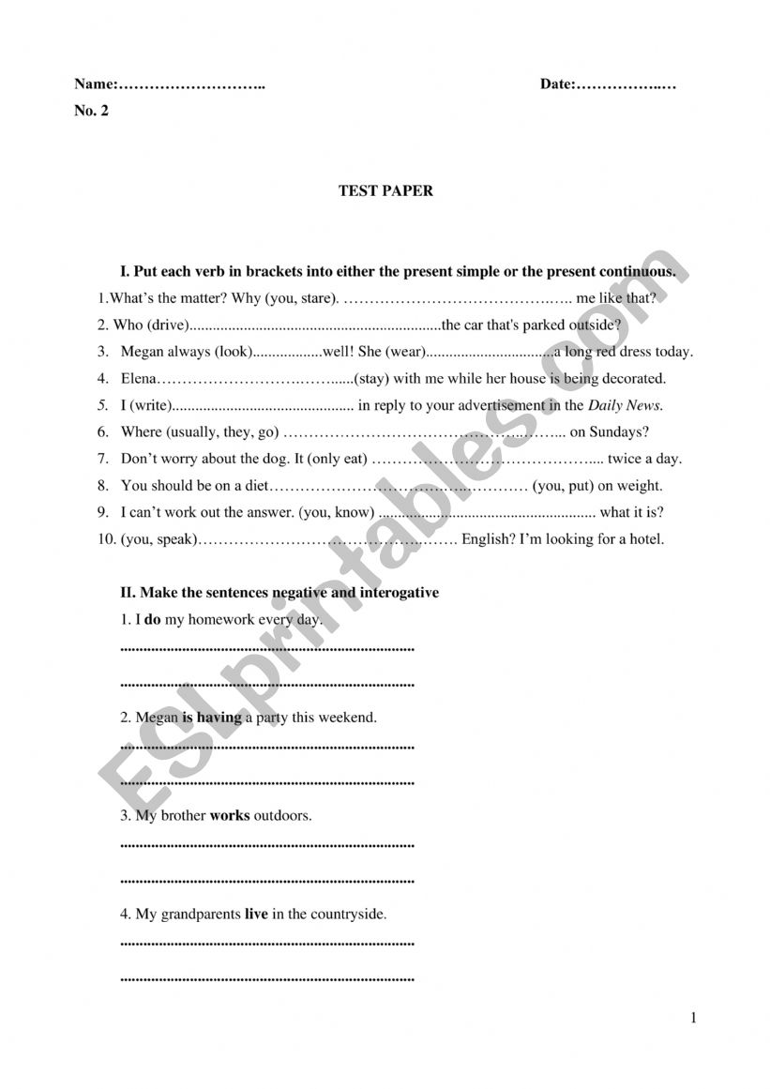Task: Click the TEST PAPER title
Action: (x=385, y=190)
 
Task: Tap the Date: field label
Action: (x=557, y=84)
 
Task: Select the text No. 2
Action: (x=91, y=111)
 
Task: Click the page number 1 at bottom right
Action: (x=694, y=1018)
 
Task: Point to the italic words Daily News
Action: (x=625, y=406)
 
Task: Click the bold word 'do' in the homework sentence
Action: (x=152, y=620)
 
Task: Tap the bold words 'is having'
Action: (x=212, y=718)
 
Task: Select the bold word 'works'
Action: (x=230, y=815)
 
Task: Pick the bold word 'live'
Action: (x=256, y=914)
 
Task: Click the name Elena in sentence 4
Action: (x=139, y=379)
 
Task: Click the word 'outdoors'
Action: (x=281, y=815)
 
